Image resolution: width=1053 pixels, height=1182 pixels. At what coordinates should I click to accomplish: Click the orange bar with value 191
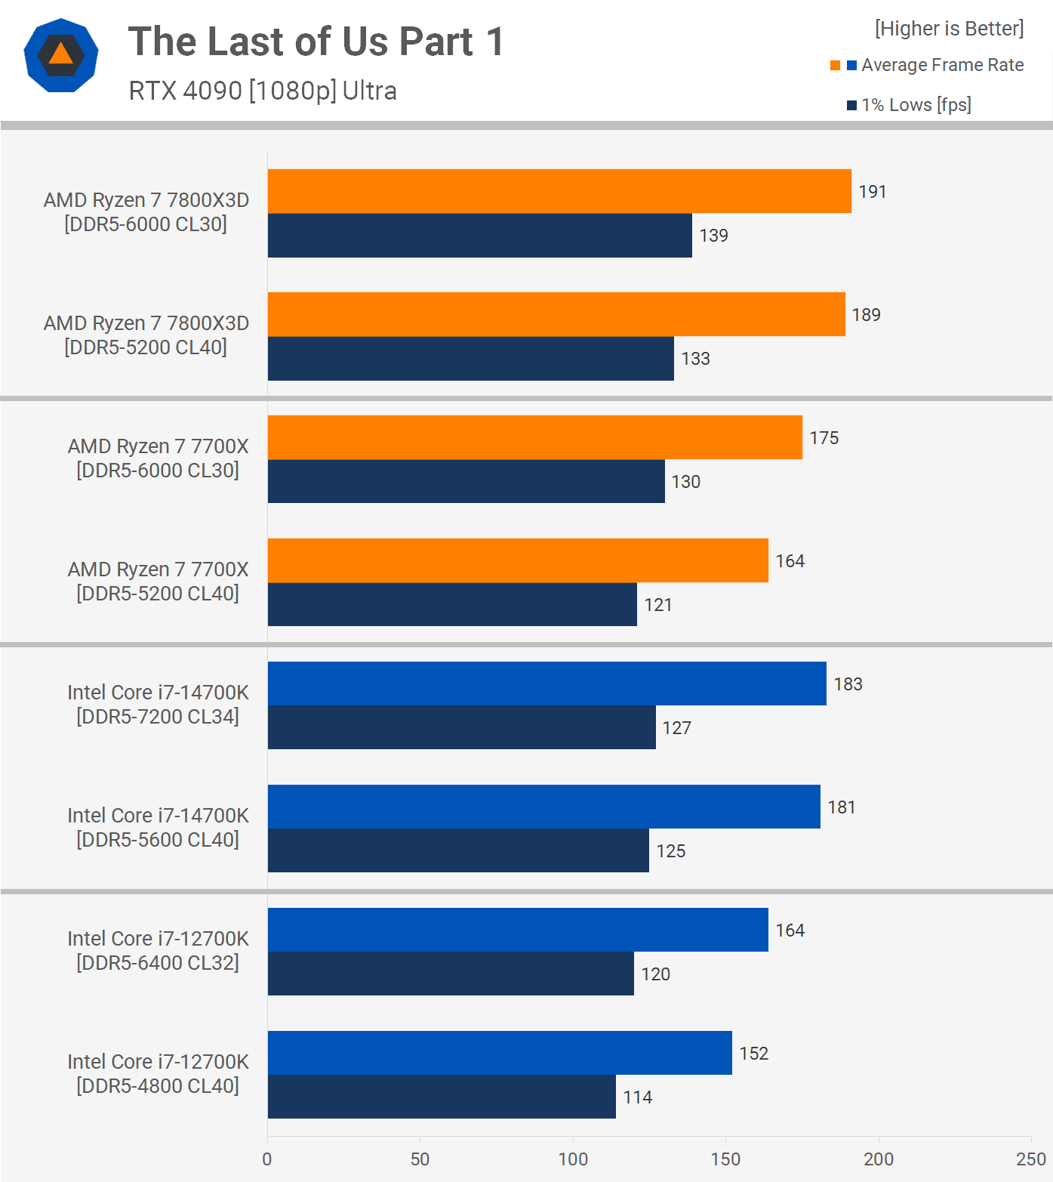[559, 191]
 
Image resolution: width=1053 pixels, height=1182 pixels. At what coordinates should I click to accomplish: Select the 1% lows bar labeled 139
[480, 236]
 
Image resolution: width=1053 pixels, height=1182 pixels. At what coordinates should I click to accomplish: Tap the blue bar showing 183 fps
[547, 684]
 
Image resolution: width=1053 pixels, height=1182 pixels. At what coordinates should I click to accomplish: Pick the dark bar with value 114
[442, 1097]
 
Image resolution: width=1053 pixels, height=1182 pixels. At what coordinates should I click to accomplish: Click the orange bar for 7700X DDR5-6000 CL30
[535, 437]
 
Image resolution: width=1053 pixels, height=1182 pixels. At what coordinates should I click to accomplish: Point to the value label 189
[866, 315]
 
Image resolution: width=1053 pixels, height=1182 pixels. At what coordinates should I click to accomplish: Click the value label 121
[657, 605]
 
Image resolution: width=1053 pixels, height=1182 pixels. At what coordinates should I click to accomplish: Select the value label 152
[753, 1054]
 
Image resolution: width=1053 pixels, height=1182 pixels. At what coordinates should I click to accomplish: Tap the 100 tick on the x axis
[573, 1159]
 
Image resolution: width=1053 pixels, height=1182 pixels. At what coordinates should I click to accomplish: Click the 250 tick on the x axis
[1031, 1159]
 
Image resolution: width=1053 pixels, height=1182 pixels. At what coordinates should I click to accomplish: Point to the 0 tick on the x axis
[267, 1159]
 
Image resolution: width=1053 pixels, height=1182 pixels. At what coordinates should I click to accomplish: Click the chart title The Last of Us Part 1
[316, 42]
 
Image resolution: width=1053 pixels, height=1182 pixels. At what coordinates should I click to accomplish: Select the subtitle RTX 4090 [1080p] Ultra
[263, 91]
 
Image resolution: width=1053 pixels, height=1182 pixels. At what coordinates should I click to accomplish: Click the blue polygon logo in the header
[61, 55]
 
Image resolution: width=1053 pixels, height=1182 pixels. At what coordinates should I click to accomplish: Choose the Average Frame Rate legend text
[942, 65]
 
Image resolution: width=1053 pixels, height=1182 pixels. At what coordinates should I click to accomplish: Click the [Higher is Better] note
[949, 29]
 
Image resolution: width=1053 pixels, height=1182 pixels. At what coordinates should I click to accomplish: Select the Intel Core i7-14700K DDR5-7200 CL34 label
[158, 705]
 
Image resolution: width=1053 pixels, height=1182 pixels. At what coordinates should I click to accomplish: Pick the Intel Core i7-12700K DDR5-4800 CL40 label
[158, 1074]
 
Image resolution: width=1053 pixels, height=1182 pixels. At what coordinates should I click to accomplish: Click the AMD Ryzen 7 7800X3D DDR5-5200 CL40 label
[146, 335]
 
